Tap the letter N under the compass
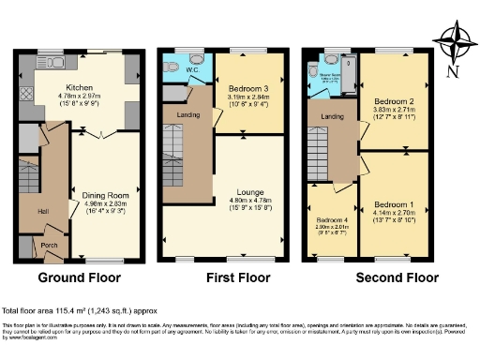point(453,71)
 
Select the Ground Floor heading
point(81,278)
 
